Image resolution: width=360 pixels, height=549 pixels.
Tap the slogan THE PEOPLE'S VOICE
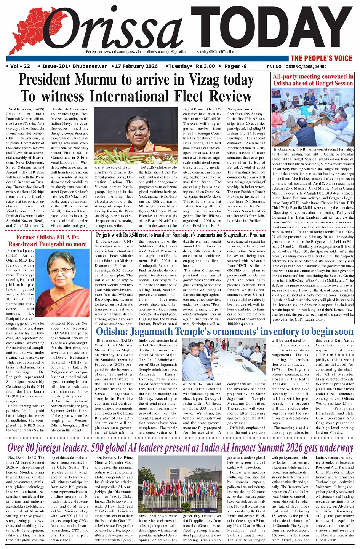322,58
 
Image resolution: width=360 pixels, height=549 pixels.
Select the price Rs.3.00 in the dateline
205,66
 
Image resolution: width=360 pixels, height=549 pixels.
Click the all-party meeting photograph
312,117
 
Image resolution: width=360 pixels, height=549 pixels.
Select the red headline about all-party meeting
313,80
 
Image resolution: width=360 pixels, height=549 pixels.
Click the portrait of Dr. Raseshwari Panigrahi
62,283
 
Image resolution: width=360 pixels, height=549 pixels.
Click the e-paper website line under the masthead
162,52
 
